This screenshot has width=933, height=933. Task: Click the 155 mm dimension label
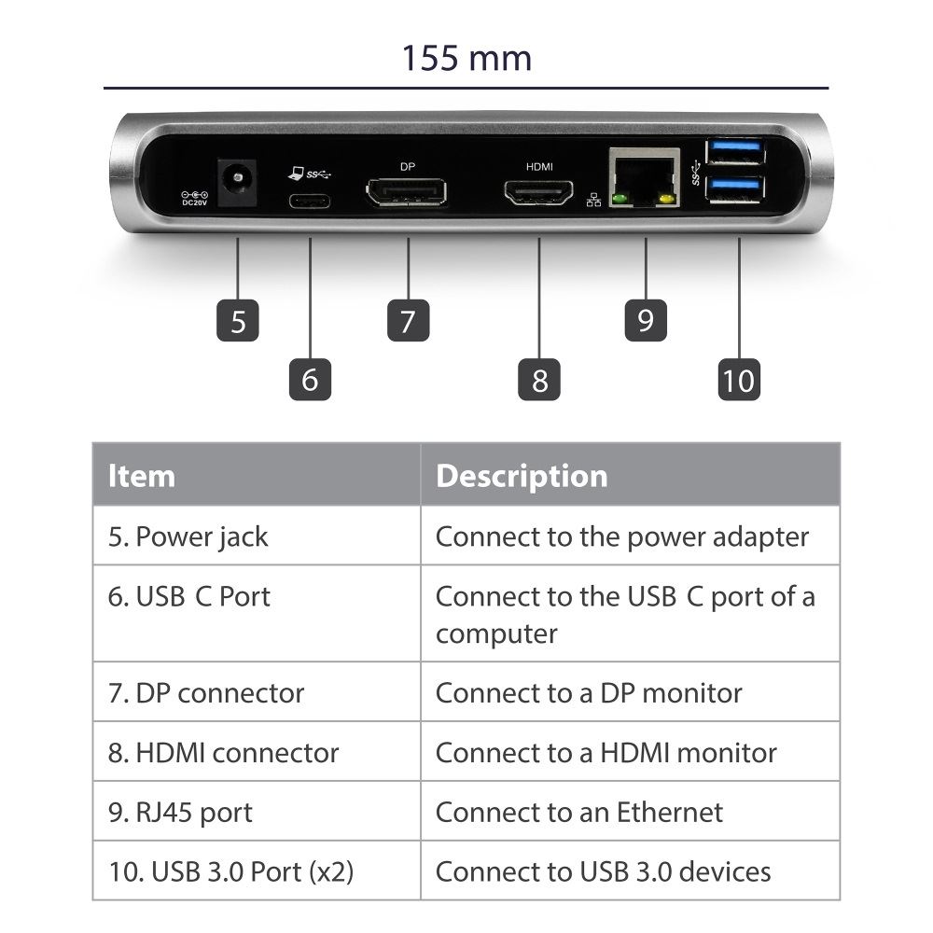pyautogui.click(x=466, y=58)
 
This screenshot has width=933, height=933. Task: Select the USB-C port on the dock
pyautogui.click(x=310, y=201)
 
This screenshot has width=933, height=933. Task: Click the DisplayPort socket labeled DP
pyautogui.click(x=407, y=192)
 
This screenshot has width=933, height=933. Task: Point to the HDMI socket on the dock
pyautogui.click(x=539, y=192)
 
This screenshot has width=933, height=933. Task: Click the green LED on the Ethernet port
pyautogui.click(x=620, y=200)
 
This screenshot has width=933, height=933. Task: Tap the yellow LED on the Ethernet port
pyautogui.click(x=667, y=200)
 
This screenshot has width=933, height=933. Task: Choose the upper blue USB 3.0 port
pyautogui.click(x=735, y=151)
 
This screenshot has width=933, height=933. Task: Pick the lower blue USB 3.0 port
pyautogui.click(x=735, y=188)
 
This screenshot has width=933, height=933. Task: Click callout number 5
pyautogui.click(x=237, y=320)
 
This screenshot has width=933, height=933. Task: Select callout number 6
pyautogui.click(x=310, y=379)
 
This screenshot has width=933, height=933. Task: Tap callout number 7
pyautogui.click(x=409, y=320)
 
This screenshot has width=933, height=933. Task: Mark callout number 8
pyautogui.click(x=539, y=379)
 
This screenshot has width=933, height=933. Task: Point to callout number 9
pyautogui.click(x=646, y=320)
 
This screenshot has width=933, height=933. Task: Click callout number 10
pyautogui.click(x=739, y=379)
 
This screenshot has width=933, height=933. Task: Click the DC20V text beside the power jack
pyautogui.click(x=195, y=202)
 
